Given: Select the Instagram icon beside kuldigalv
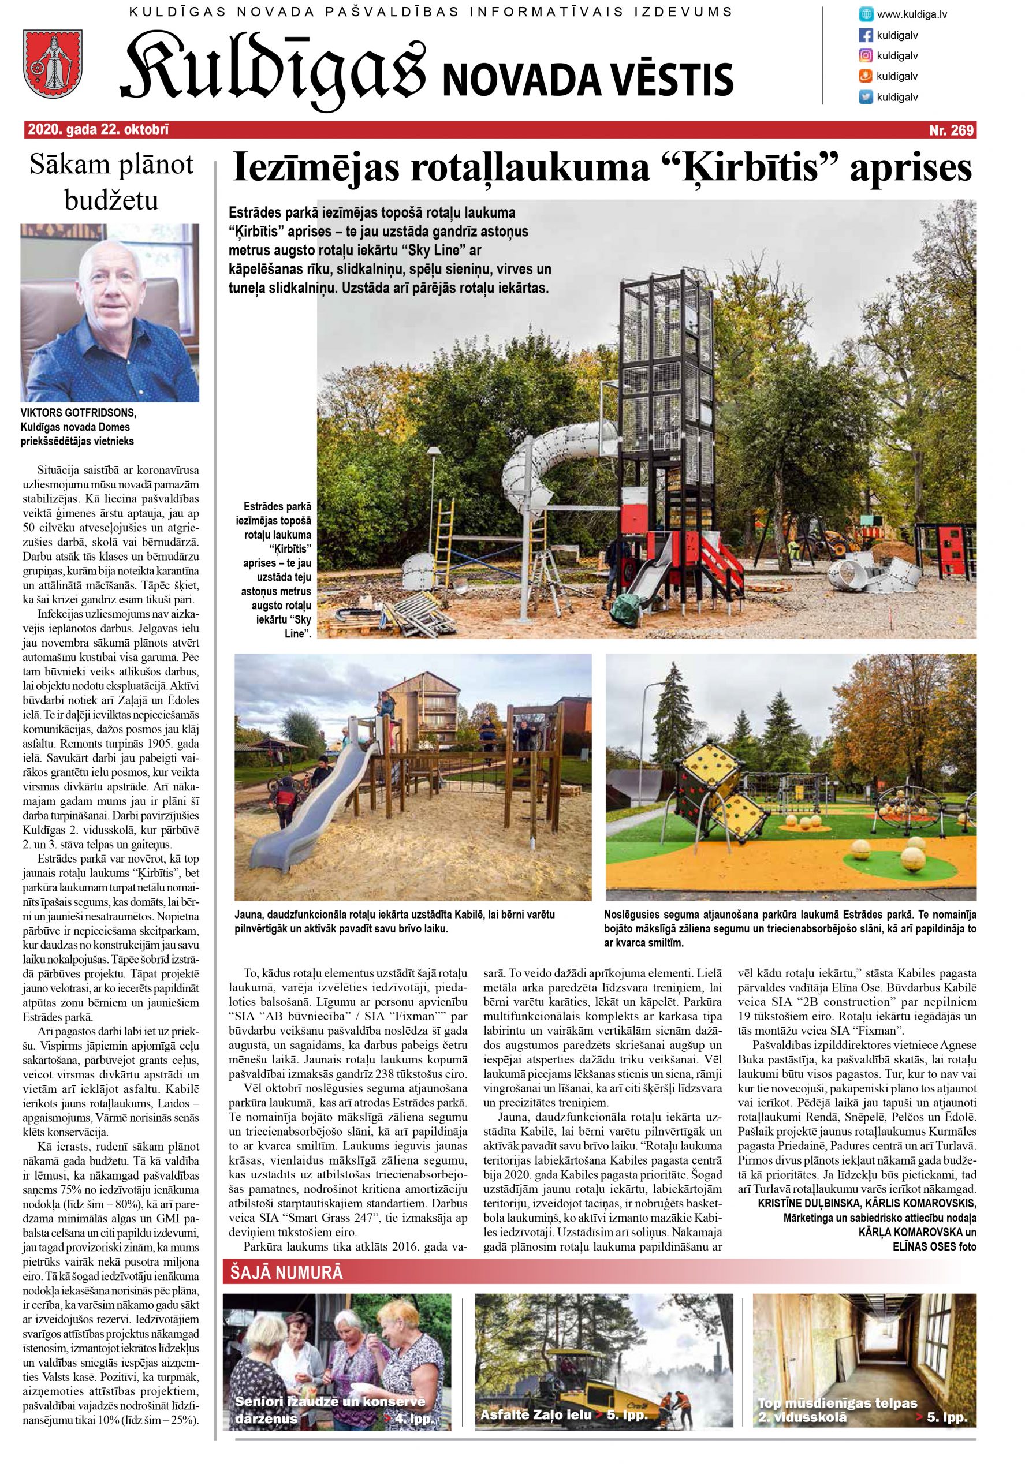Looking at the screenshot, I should click(866, 55).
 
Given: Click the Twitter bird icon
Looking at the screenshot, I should click(866, 97).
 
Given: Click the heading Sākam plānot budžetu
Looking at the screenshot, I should click(111, 182).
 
